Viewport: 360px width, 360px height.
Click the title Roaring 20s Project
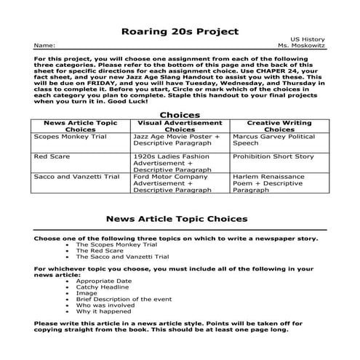pos(179,32)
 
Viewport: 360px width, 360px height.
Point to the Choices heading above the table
pos(179,115)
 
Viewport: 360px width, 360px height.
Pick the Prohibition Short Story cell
pos(273,156)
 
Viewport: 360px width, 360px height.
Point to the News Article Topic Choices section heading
pos(177,218)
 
